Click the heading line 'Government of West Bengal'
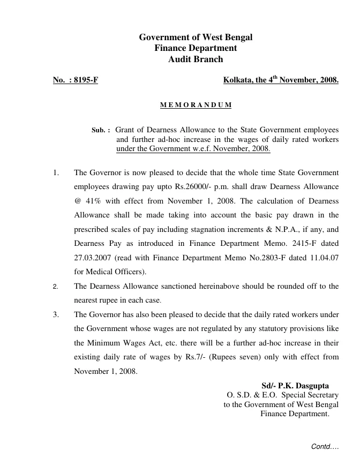coord(196,37)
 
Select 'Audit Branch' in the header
coord(196,59)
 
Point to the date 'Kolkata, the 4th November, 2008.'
coord(281,80)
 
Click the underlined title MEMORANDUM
coord(196,105)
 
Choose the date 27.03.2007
coord(92,257)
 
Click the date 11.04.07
coord(325,257)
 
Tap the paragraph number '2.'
coord(55,287)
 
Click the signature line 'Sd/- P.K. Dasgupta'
coord(295,386)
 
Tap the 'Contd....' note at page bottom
coord(325,446)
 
